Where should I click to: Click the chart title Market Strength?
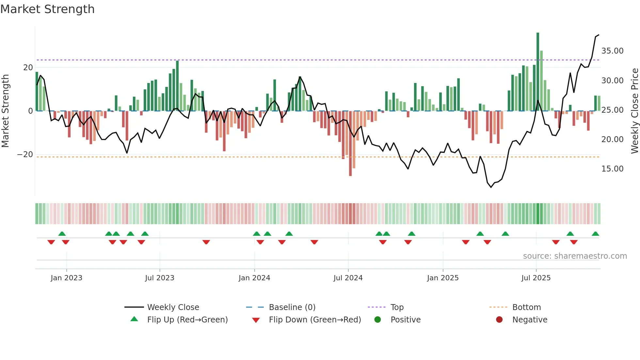tap(47, 9)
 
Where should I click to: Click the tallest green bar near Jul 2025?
tap(537, 72)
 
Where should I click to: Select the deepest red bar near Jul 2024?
tap(350, 144)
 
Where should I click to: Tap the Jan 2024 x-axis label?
tap(254, 278)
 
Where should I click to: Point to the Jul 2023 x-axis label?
tap(160, 278)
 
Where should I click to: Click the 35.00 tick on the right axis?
tap(612, 51)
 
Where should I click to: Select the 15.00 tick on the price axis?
tap(612, 169)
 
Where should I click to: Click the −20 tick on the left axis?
tap(25, 155)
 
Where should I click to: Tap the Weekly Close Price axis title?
tap(634, 111)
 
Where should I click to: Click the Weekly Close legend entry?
tap(173, 307)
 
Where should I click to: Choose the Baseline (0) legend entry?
tap(292, 307)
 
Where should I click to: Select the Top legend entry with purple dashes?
tap(397, 307)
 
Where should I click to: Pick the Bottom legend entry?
tap(526, 307)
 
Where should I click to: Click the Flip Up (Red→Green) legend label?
tap(187, 320)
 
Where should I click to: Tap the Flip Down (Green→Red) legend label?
tap(315, 320)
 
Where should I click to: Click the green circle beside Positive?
tap(378, 320)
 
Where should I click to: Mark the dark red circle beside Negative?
tap(499, 320)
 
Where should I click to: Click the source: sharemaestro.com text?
tap(575, 256)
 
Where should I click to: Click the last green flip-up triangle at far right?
tap(595, 234)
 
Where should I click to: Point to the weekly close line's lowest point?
tap(491, 187)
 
